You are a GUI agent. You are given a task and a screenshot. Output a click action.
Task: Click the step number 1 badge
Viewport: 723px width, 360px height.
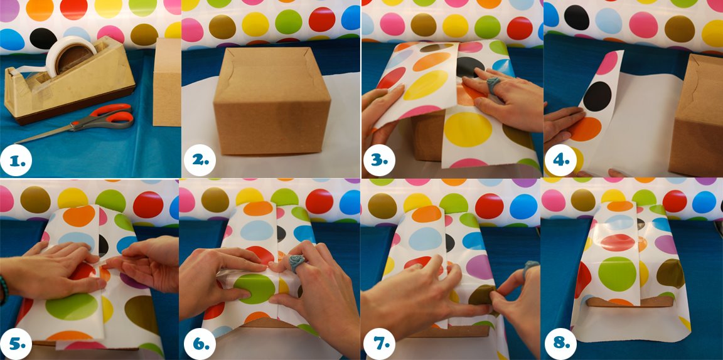point(16,160)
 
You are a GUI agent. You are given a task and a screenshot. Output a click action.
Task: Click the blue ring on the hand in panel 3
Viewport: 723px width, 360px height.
point(492,84)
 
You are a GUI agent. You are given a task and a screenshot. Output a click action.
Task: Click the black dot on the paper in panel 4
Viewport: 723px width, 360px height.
point(597,97)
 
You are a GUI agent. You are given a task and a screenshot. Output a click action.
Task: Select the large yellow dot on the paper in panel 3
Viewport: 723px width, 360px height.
point(468,129)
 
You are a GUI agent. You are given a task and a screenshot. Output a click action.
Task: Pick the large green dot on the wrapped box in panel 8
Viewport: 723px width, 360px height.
point(617,274)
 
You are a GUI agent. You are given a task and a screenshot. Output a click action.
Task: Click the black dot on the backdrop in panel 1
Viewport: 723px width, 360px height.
point(43,38)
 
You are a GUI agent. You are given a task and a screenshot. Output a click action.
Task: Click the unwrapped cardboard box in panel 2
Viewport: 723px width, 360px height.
point(272,102)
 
